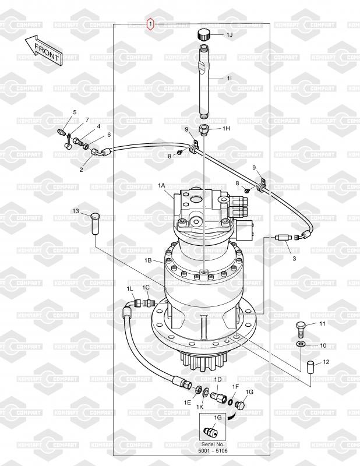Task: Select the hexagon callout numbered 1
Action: click(x=151, y=23)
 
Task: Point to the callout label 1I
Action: click(x=229, y=78)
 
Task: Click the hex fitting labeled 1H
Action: click(x=204, y=130)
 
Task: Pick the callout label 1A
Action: click(x=161, y=185)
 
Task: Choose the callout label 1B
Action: click(x=149, y=260)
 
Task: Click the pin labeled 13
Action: click(x=95, y=223)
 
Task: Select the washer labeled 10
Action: click(x=301, y=344)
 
